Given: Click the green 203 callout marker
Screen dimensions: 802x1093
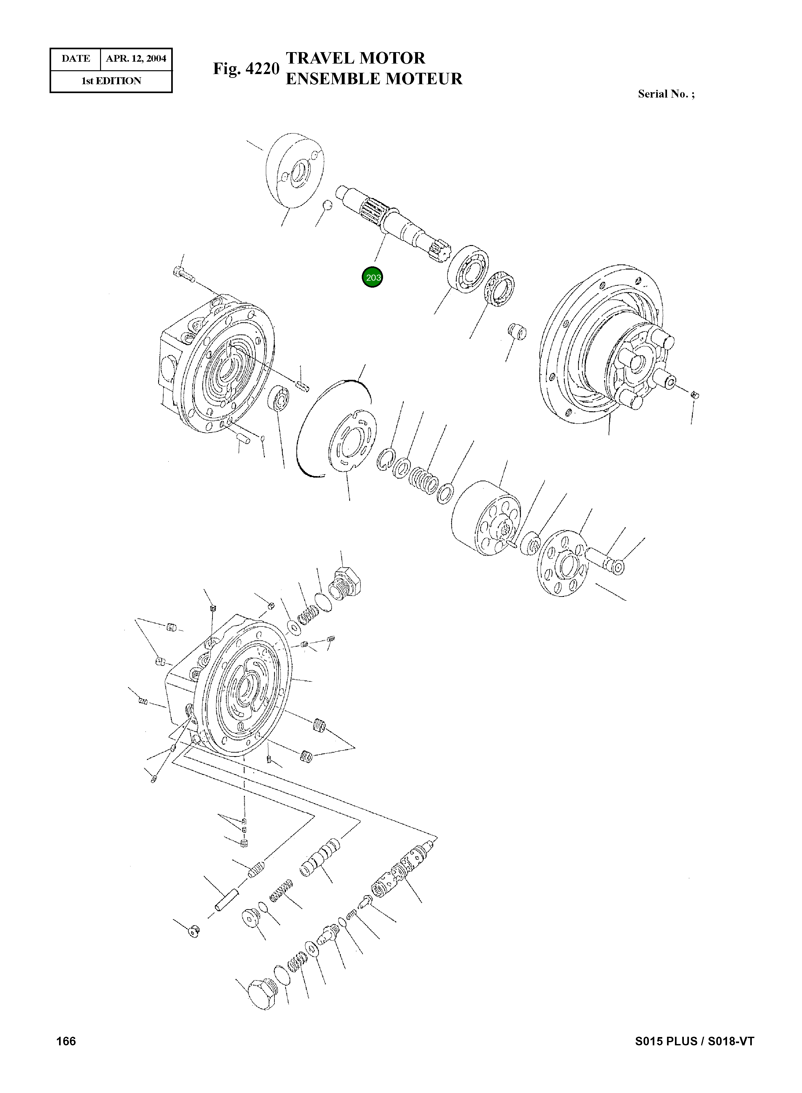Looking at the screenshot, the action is [373, 278].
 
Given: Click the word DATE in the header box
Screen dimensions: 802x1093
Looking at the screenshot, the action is [76, 59].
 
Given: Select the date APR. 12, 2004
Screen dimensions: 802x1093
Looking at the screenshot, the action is [136, 59].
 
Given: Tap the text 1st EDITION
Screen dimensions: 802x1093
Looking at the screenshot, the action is [111, 81].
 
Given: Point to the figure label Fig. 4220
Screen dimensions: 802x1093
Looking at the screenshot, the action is [246, 69].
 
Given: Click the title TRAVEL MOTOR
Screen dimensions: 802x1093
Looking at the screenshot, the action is [355, 58].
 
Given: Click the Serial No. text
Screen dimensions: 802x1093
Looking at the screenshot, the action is [666, 94].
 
